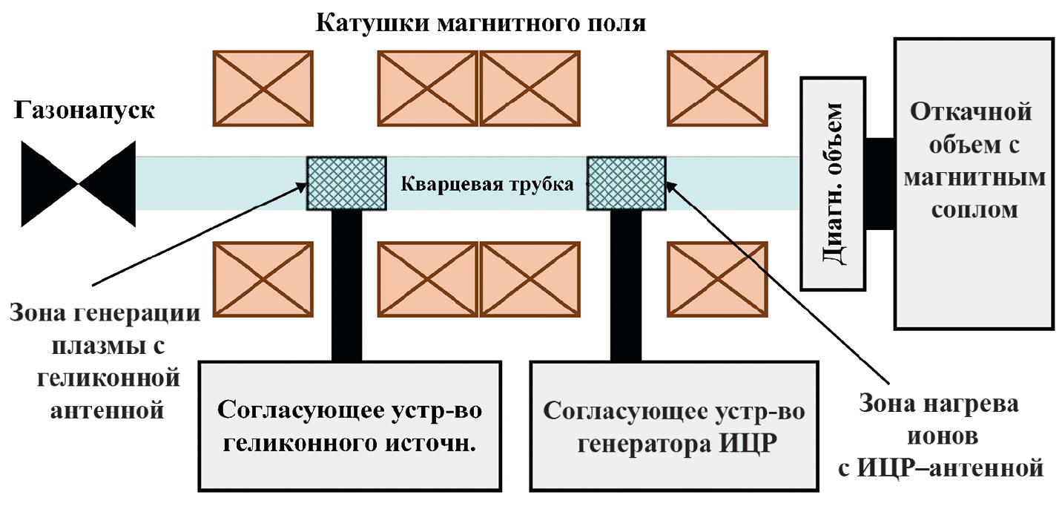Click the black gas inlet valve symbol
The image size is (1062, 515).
(78, 183)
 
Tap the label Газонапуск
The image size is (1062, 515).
(84, 112)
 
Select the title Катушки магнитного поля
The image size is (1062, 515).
(481, 23)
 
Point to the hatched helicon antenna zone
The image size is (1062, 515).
(346, 183)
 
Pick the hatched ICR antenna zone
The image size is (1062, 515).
(626, 183)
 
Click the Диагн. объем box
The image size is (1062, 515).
(834, 183)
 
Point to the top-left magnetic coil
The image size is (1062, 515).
(263, 87)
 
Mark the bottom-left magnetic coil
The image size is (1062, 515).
(263, 279)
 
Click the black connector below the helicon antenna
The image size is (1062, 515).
(346, 286)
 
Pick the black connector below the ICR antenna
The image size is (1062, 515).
(626, 286)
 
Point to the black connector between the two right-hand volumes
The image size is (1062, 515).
(881, 183)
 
